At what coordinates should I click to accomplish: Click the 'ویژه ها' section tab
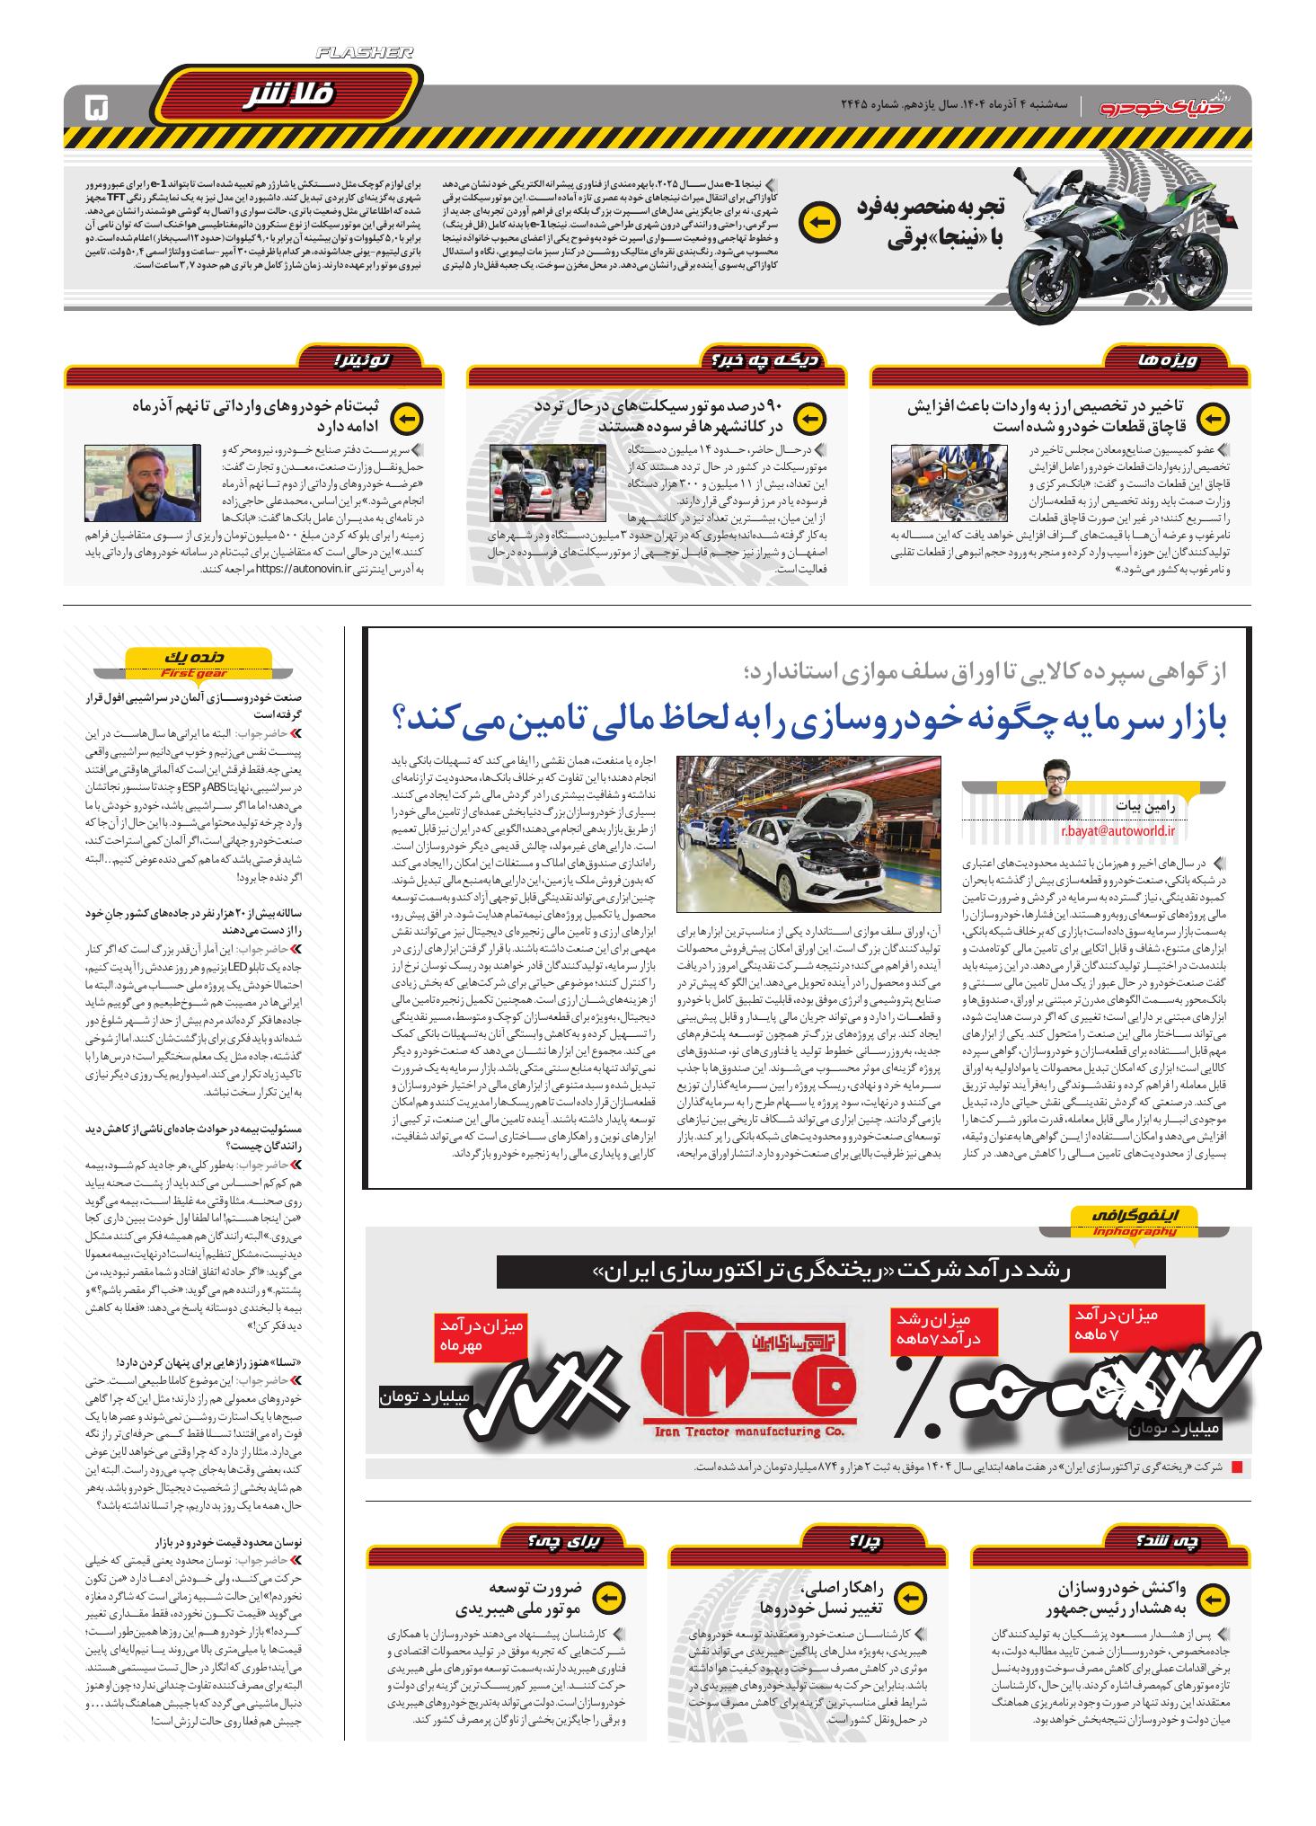1156,360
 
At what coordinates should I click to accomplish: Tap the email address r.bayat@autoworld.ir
1117,832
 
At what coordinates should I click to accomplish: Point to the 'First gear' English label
194,673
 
